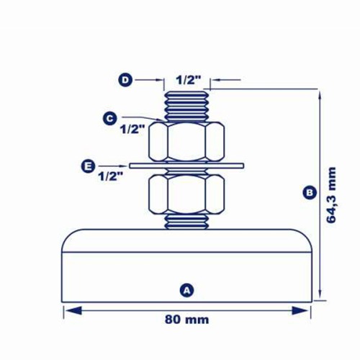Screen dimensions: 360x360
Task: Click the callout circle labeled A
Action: pos(186,290)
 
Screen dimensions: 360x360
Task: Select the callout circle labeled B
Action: pos(309,192)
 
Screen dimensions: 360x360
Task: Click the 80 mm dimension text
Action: pos(186,318)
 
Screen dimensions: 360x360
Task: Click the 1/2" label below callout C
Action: pos(132,130)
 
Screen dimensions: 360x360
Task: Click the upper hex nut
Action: pos(186,141)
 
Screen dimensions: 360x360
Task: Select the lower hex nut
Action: pos(186,194)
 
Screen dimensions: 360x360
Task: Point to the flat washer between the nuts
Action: pos(186,166)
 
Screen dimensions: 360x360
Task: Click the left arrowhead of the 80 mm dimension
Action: pos(69,310)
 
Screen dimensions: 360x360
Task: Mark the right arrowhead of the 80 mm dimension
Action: pos(305,310)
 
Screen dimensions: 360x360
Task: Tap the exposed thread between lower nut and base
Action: pos(186,221)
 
